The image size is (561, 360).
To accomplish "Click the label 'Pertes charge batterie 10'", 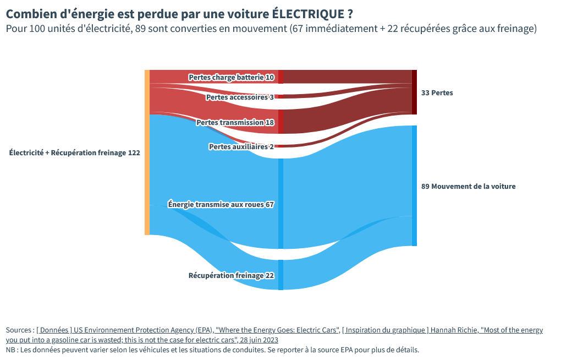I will (x=231, y=78).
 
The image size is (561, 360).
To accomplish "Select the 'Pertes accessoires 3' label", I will (x=240, y=97).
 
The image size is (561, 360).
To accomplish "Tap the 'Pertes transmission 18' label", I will (x=235, y=123).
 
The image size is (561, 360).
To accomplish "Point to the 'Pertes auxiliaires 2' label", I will (x=241, y=147).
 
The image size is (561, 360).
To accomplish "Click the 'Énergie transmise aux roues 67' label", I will (x=221, y=205).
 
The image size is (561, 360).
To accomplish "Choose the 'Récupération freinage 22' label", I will (x=231, y=276).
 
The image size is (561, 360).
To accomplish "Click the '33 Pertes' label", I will (x=437, y=93).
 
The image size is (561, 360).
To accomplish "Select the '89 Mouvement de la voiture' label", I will (x=469, y=187).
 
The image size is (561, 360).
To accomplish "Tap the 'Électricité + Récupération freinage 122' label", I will (x=75, y=153).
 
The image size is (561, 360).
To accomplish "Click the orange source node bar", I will (x=147, y=152).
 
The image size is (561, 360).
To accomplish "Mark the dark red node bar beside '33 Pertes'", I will (x=414, y=92).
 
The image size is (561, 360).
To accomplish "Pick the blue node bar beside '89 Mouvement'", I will (x=414, y=186).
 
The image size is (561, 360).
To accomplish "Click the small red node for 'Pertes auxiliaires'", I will (x=280, y=146).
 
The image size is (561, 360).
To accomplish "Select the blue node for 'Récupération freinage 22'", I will (x=280, y=275).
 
